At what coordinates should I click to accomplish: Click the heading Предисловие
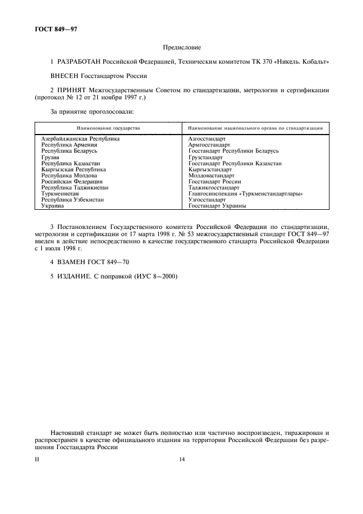pos(182,48)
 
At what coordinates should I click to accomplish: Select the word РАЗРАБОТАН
pos(83,62)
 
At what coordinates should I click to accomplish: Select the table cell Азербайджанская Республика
pos(80,139)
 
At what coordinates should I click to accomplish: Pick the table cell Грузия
pos(51,157)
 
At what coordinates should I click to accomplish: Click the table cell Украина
pos(53,206)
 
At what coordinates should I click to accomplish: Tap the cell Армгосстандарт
pos(209,145)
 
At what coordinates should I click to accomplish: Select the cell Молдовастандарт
pos(212,176)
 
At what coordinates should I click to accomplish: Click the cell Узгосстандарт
pos(207,200)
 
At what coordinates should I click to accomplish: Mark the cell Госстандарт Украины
pos(217,206)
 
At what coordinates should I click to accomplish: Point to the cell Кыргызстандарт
pos(210,170)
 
